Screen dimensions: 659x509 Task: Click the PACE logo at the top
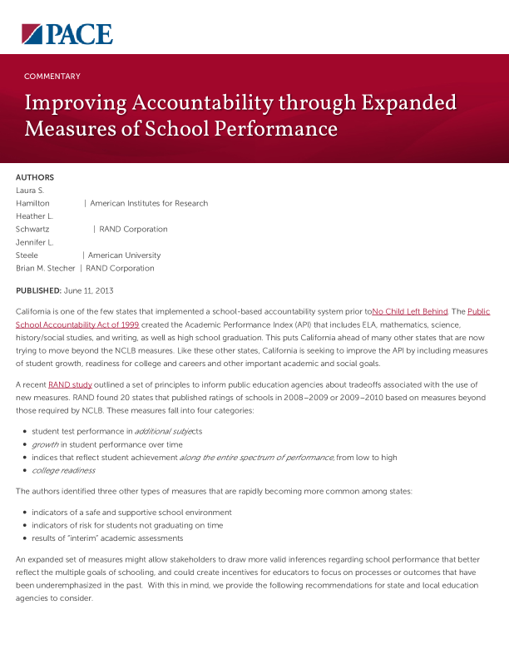tap(67, 33)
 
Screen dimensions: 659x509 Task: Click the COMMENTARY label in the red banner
tap(52, 77)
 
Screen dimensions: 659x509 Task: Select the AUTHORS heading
tap(35, 177)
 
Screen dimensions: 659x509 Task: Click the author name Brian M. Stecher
tap(46, 268)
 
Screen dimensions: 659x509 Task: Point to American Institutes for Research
tap(149, 203)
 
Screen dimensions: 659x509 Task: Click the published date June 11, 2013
tap(88, 290)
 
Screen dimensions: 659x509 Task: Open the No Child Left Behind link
tap(410, 311)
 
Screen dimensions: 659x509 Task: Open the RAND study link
tap(70, 384)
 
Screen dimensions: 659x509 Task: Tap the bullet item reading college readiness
tap(63, 470)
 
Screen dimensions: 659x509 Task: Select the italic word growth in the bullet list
tap(45, 444)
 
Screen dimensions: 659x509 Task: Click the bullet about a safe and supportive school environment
tap(131, 512)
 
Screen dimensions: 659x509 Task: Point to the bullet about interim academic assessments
tap(107, 538)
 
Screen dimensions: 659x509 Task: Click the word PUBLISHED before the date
tap(37, 290)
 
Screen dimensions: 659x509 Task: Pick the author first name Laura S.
tap(30, 191)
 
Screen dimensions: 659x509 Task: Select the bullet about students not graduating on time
tap(127, 525)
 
